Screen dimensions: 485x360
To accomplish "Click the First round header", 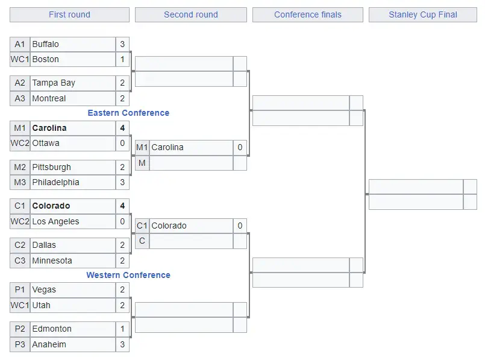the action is click(70, 14).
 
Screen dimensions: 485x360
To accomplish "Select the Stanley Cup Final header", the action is click(423, 14).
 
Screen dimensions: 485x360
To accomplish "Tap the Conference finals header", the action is click(308, 14).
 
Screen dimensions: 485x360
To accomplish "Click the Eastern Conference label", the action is click(128, 113).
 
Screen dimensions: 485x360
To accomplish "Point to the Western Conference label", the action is click(128, 275).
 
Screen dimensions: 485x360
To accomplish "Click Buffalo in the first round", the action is click(45, 44).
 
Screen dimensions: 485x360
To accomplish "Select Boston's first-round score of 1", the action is click(122, 59).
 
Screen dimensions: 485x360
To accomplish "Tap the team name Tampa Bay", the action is click(54, 83).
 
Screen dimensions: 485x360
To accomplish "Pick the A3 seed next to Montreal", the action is click(20, 98).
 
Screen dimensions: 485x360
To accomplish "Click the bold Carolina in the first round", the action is click(49, 128).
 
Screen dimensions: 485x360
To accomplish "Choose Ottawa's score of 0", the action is click(122, 143).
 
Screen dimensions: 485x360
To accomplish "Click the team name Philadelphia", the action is click(55, 182).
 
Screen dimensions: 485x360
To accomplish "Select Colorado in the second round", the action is click(169, 226).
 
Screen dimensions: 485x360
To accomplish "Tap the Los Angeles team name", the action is click(55, 222).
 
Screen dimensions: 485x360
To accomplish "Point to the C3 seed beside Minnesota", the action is click(20, 261).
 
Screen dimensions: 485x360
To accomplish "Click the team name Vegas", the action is click(44, 289).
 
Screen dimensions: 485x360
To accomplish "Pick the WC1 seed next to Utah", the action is click(20, 305).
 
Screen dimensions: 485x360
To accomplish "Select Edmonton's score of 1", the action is click(122, 329).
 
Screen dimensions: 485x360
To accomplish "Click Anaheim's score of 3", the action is click(122, 344).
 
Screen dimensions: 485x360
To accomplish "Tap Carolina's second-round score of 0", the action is click(240, 147).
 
